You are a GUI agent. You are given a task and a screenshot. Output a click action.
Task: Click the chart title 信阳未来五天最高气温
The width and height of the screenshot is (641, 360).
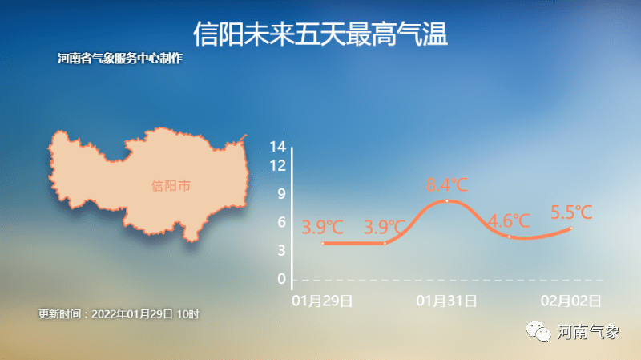click(320, 34)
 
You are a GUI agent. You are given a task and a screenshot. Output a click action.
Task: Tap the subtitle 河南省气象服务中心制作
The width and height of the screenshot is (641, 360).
click(119, 59)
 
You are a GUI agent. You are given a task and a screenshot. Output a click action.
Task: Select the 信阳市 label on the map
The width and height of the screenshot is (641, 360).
click(171, 186)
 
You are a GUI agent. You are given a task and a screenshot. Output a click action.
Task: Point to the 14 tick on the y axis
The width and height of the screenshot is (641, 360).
click(277, 147)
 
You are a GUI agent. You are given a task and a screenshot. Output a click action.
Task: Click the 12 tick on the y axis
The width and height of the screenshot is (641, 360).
click(277, 166)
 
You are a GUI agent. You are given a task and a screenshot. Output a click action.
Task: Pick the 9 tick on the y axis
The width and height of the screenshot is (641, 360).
click(282, 194)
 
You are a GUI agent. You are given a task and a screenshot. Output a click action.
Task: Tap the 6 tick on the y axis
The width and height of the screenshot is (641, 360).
click(282, 222)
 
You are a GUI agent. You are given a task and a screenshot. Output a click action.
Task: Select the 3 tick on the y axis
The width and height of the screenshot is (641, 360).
click(282, 250)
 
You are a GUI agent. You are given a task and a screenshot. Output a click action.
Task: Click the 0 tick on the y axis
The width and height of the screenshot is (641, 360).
click(282, 279)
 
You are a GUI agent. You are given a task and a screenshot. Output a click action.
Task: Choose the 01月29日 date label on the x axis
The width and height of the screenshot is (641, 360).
click(322, 301)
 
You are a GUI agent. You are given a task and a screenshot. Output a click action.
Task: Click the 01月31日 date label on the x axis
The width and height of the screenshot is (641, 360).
click(446, 301)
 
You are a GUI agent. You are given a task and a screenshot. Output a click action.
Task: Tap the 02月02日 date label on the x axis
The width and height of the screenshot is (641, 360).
click(570, 301)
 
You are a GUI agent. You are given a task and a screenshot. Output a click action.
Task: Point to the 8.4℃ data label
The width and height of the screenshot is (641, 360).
click(447, 185)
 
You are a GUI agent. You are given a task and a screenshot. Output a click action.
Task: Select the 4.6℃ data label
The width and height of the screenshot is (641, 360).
click(509, 221)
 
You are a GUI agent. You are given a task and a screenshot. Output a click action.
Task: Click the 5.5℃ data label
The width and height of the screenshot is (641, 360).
click(571, 212)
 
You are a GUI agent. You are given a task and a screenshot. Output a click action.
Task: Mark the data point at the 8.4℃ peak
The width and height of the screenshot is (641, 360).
click(447, 201)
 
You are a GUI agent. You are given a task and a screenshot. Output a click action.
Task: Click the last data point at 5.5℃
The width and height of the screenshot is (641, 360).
click(571, 229)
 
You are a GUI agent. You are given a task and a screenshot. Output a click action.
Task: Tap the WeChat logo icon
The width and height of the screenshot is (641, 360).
click(538, 331)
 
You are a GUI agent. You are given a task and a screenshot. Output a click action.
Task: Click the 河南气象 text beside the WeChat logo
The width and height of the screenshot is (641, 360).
click(588, 332)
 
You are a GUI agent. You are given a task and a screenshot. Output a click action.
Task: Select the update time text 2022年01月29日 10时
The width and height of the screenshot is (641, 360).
click(145, 314)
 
